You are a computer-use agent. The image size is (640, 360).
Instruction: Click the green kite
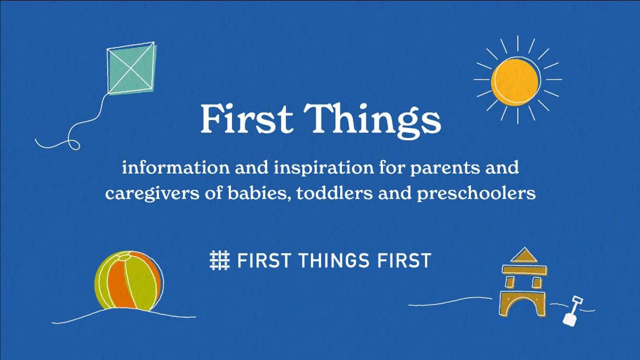point(131,69)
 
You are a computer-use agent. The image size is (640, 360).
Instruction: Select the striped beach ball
point(129,281)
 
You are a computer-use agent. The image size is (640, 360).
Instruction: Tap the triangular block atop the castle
point(524,255)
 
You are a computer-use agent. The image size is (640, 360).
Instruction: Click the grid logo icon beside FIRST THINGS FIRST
point(219,260)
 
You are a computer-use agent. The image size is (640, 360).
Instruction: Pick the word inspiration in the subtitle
point(324,168)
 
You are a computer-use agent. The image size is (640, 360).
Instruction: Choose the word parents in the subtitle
point(445,169)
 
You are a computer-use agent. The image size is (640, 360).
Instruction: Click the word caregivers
point(153,194)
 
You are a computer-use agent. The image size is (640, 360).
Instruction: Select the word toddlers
point(334,193)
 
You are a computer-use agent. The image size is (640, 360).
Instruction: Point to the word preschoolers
point(476,194)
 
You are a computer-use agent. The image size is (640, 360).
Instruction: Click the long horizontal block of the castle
point(525,270)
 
